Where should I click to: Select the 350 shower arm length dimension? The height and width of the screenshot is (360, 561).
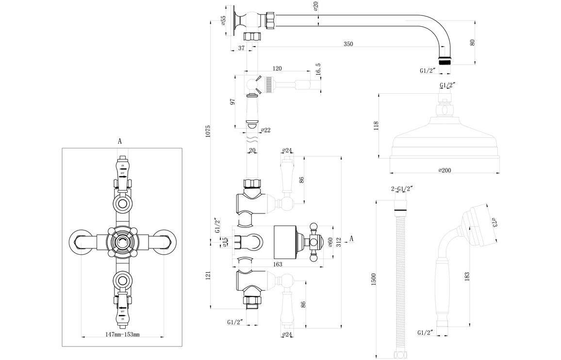348,44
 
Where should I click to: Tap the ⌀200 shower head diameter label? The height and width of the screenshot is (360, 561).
445,170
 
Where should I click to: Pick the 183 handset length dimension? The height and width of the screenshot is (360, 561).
466,276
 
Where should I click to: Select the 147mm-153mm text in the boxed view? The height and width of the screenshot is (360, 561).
123,335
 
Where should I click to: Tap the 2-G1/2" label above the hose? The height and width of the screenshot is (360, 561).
402,189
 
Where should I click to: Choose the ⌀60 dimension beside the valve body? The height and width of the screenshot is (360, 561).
330,242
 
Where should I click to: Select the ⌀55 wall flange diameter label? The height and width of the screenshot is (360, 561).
223,20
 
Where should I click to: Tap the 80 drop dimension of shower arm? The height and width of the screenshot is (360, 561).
472,42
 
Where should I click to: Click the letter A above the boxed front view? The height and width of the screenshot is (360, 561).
120,141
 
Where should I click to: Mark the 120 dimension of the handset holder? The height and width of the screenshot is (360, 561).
277,69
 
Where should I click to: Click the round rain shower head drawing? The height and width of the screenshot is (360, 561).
444,138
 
